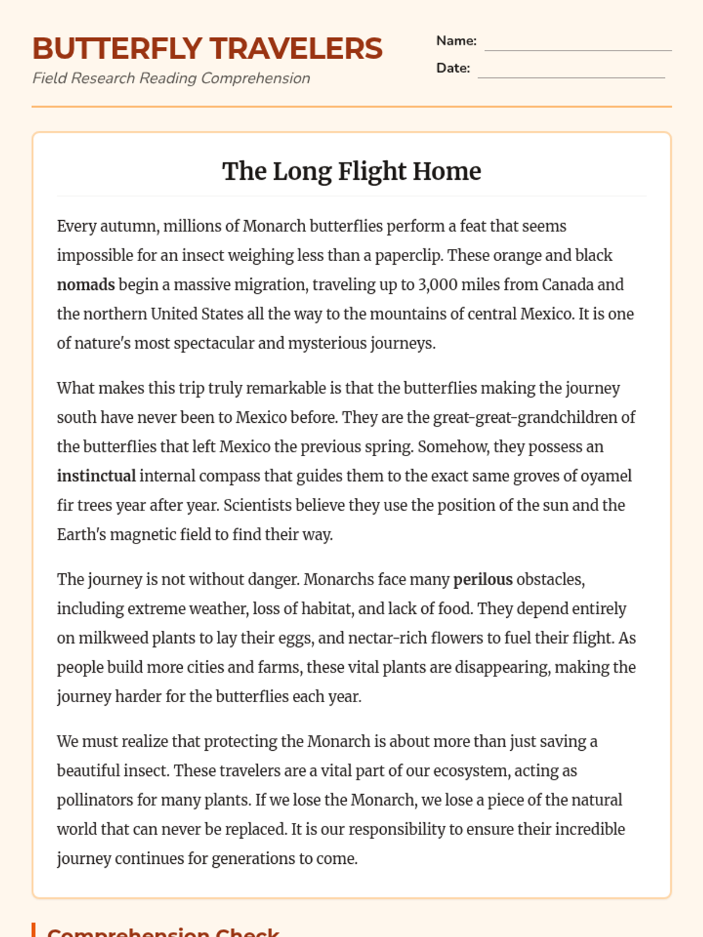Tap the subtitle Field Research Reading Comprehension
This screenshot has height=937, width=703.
pyautogui.click(x=171, y=78)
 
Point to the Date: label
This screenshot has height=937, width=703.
pyautogui.click(x=453, y=68)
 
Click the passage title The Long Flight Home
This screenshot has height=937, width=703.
pyautogui.click(x=351, y=171)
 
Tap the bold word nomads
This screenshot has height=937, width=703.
pyautogui.click(x=86, y=285)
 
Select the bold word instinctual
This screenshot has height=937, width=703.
pyautogui.click(x=96, y=476)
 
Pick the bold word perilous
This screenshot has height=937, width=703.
pyautogui.click(x=483, y=580)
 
